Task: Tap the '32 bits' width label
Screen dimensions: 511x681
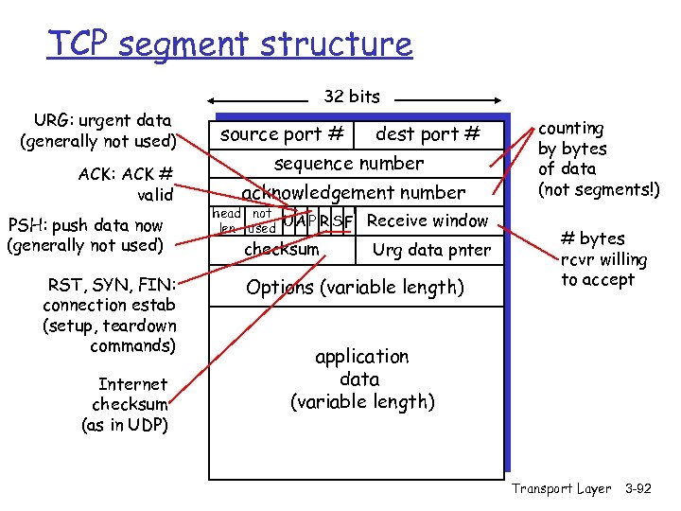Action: coord(352,97)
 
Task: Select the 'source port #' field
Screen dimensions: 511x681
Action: coord(282,134)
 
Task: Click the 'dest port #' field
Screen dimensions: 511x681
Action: coord(428,134)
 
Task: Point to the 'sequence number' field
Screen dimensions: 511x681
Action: coord(349,164)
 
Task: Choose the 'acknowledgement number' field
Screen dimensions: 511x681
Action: coord(353,193)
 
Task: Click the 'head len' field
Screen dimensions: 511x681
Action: coord(227,221)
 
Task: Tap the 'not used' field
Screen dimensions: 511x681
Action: coord(261,221)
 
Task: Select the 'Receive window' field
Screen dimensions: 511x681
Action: coord(428,221)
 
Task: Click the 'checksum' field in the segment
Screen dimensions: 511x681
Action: coord(282,250)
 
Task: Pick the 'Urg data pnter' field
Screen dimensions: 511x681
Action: coord(431,251)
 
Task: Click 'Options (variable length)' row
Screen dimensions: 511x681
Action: coord(355,287)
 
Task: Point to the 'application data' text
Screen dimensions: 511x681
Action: coord(361,379)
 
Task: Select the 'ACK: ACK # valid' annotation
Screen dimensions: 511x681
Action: coord(127,185)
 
